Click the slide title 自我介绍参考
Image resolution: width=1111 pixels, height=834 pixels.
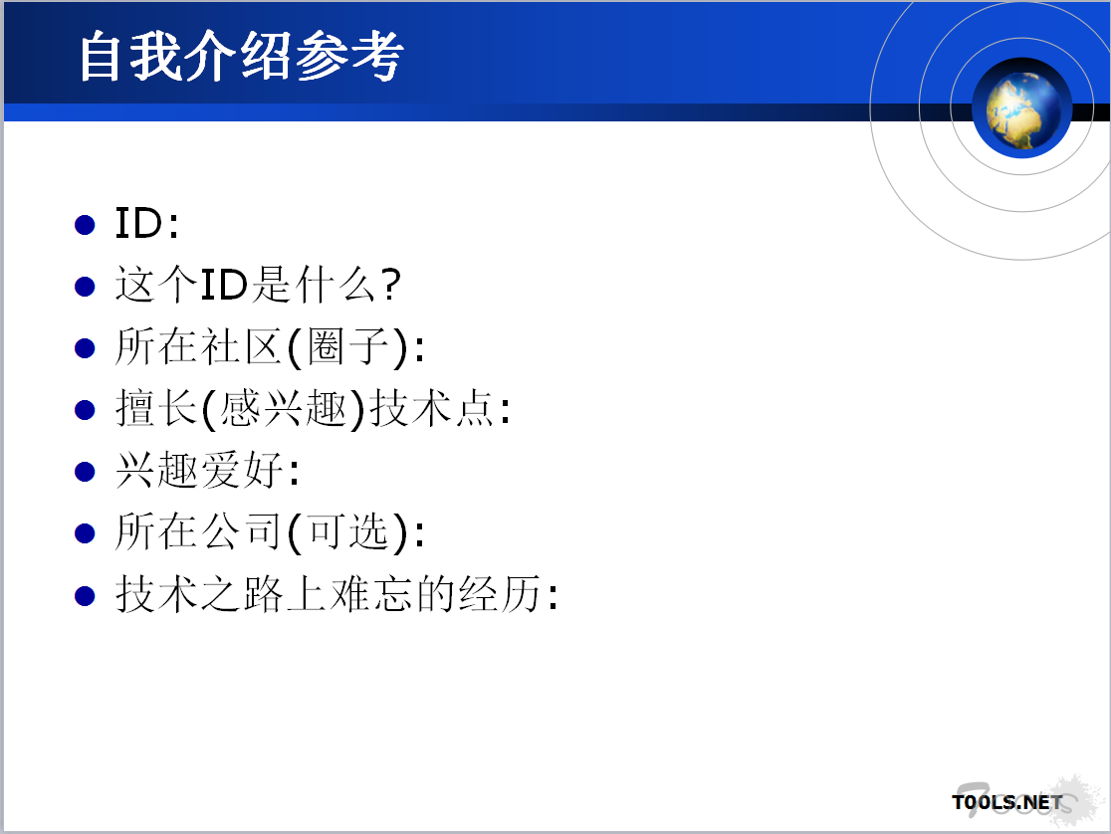241,56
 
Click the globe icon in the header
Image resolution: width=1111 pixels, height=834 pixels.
1021,107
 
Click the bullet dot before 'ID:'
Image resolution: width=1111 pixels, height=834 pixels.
85,225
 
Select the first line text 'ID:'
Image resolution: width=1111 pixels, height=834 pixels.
146,223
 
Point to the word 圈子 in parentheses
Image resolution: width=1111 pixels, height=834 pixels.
348,347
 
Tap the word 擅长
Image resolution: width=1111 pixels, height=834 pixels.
156,409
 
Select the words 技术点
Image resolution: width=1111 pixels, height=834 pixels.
432,409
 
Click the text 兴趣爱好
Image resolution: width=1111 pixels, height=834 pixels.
200,471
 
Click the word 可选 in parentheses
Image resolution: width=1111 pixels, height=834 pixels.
348,532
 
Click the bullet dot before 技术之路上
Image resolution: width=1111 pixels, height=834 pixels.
85,595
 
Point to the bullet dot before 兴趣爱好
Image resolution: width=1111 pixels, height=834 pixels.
85,472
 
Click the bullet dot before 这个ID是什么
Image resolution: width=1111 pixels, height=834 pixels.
85,287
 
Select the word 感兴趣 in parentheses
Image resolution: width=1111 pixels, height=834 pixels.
283,409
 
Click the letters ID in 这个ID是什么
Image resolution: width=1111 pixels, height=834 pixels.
224,285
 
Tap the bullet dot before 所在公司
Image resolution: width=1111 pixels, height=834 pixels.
85,533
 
